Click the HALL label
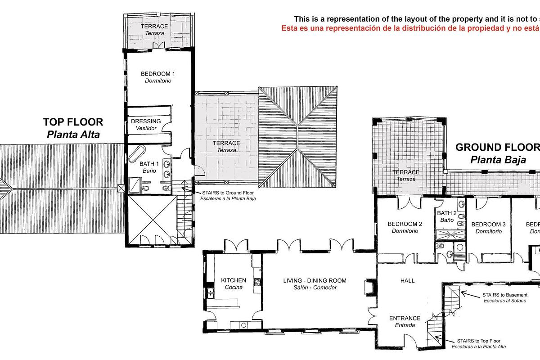click(407, 280)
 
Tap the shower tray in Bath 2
click(450, 234)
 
